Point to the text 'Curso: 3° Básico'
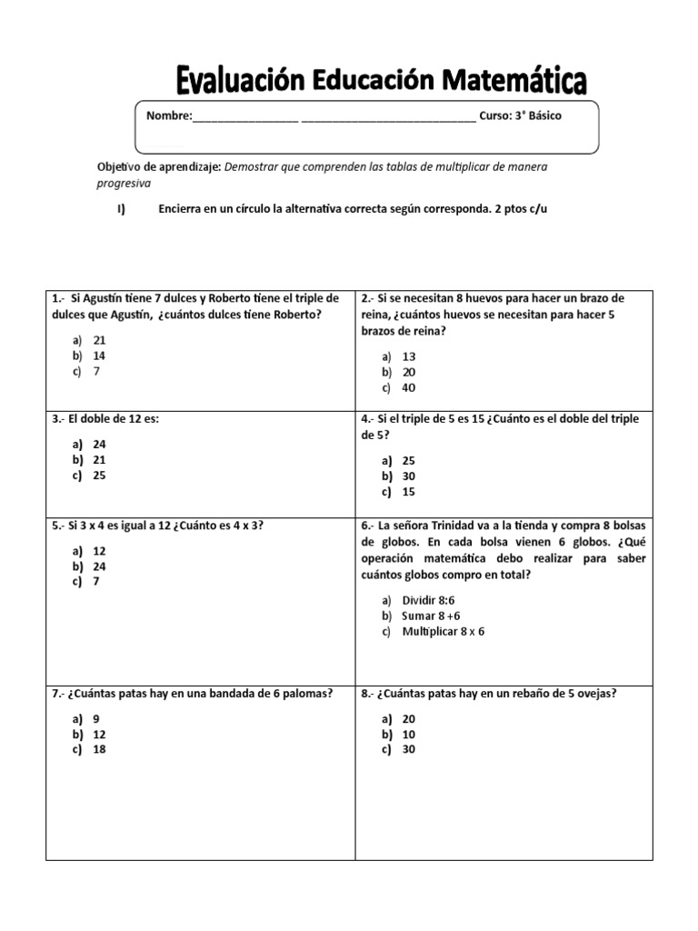[x=520, y=116]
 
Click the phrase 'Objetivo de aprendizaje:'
[x=158, y=167]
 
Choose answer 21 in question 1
[x=99, y=339]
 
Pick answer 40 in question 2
[x=408, y=388]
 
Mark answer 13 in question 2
[x=408, y=356]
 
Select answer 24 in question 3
[x=99, y=445]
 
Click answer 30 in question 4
[x=408, y=476]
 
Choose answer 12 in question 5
[x=99, y=551]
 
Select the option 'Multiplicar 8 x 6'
[x=444, y=631]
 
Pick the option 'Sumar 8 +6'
[x=431, y=616]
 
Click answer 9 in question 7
[x=96, y=718]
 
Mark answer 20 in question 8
[x=408, y=718]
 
